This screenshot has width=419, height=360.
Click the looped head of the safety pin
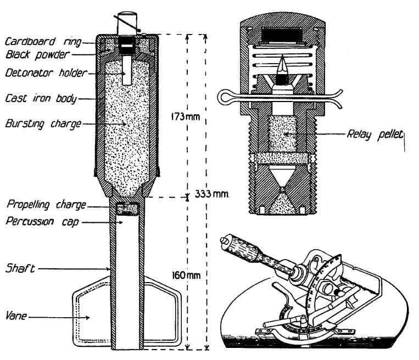tap(226, 98)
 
